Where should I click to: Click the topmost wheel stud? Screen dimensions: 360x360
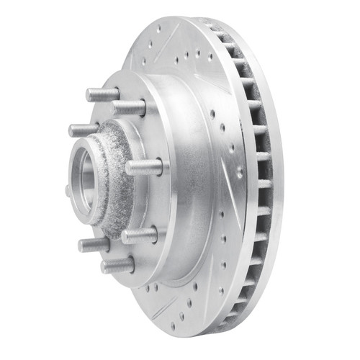102,95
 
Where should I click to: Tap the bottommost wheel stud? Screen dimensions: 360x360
117,266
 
